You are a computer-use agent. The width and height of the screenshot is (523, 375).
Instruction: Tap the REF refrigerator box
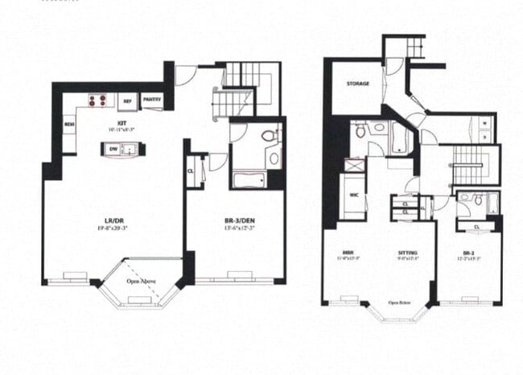click(x=127, y=101)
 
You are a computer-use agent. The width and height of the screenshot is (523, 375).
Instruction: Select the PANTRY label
click(x=152, y=101)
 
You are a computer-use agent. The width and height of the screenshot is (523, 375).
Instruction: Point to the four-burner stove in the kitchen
click(x=97, y=101)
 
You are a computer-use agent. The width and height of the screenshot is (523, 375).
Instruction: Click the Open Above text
click(x=141, y=282)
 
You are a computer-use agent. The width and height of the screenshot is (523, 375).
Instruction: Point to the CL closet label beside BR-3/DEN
click(x=191, y=171)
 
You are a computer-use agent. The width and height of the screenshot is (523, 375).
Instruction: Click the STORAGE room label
click(x=358, y=84)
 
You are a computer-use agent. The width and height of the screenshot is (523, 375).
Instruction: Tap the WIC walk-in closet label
click(x=353, y=195)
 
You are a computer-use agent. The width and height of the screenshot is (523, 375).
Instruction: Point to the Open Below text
click(x=397, y=303)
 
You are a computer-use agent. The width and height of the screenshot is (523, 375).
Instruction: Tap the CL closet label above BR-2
click(x=478, y=226)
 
